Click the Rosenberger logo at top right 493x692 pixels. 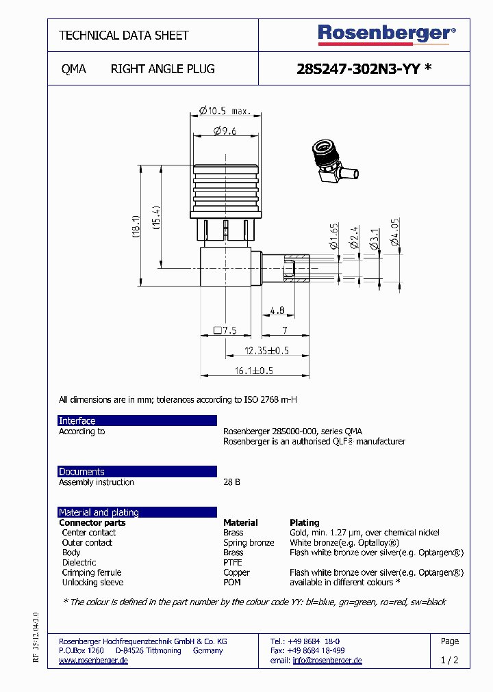tap(386, 34)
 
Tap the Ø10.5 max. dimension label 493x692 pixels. tap(225, 110)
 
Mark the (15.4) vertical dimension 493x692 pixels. tap(155, 217)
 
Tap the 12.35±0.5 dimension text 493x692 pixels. tap(268, 351)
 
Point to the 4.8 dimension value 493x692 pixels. tap(277, 311)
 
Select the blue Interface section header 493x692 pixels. tap(137, 421)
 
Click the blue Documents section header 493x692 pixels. tap(137, 472)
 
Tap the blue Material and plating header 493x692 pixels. tap(137, 512)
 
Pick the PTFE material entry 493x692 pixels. tap(232, 563)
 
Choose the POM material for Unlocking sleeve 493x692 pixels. tap(232, 583)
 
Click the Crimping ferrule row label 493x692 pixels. tap(91, 572)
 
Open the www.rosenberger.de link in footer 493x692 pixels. tap(93, 661)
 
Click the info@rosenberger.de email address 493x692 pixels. tap(327, 661)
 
